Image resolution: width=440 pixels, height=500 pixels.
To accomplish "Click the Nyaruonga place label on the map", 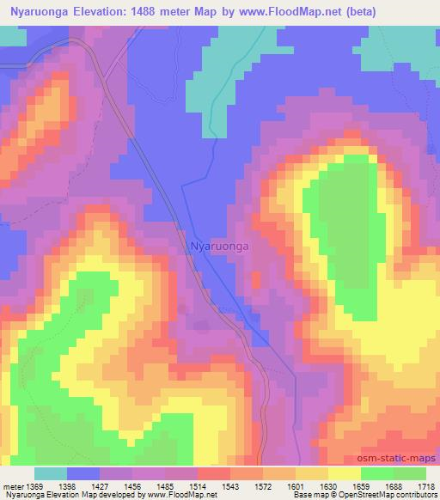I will (219, 246).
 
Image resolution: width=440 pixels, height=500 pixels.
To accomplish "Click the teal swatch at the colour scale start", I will (51, 473).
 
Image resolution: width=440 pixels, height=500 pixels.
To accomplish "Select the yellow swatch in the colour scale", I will (345, 473).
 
